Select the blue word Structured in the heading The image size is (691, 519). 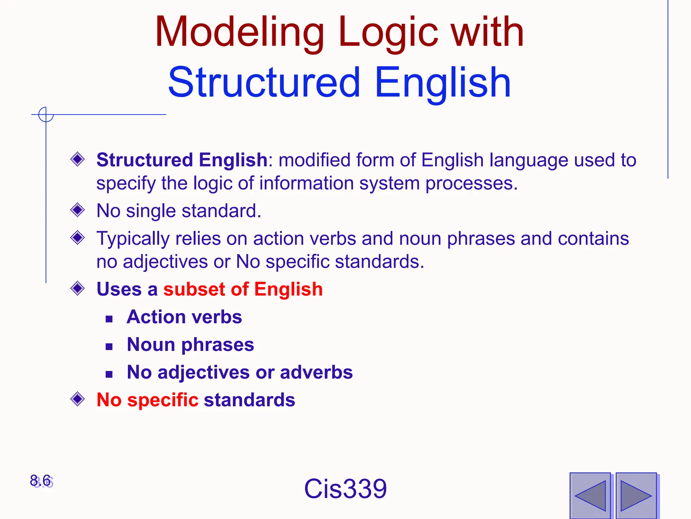264,82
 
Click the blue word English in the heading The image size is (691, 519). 443,83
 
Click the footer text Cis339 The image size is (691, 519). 345,489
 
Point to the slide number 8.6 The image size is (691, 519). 40,480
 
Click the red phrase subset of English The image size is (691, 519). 243,289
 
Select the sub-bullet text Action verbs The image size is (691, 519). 184,317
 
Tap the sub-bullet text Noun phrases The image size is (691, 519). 190,345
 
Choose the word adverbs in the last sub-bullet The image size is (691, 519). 316,372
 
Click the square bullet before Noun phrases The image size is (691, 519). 109,346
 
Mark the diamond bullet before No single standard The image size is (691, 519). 78,210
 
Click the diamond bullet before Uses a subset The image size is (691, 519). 78,289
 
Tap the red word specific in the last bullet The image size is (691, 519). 163,400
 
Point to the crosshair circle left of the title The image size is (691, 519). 46,115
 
